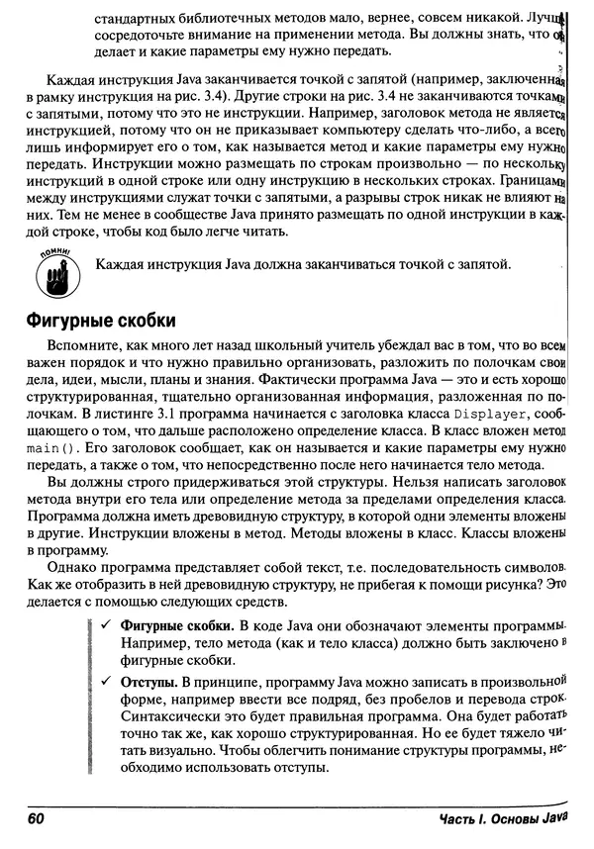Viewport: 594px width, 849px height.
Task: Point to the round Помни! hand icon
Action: (54, 274)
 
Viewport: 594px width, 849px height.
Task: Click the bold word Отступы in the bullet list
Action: (148, 682)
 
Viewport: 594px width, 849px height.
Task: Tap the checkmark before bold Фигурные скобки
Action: (105, 627)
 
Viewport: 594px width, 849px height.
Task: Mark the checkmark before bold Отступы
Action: (105, 682)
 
